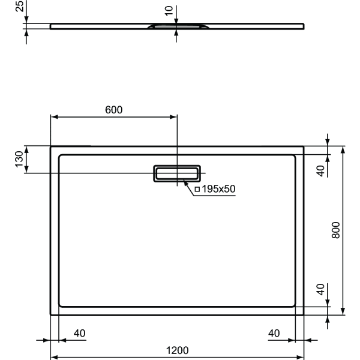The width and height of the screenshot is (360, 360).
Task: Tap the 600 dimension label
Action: [113, 110]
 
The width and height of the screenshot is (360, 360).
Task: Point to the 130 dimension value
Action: [19, 160]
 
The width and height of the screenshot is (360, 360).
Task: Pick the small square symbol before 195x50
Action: [197, 189]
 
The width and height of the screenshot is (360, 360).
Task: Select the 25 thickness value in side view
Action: [19, 7]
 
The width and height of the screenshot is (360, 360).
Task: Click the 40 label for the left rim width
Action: [79, 333]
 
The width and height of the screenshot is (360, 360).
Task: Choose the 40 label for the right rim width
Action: [274, 333]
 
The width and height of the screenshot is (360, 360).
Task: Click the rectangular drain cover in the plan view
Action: [177, 173]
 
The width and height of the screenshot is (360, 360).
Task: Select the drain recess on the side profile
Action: [178, 27]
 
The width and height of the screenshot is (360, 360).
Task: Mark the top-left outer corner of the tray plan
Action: [50, 146]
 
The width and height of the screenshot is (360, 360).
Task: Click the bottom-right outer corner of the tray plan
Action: [304, 314]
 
